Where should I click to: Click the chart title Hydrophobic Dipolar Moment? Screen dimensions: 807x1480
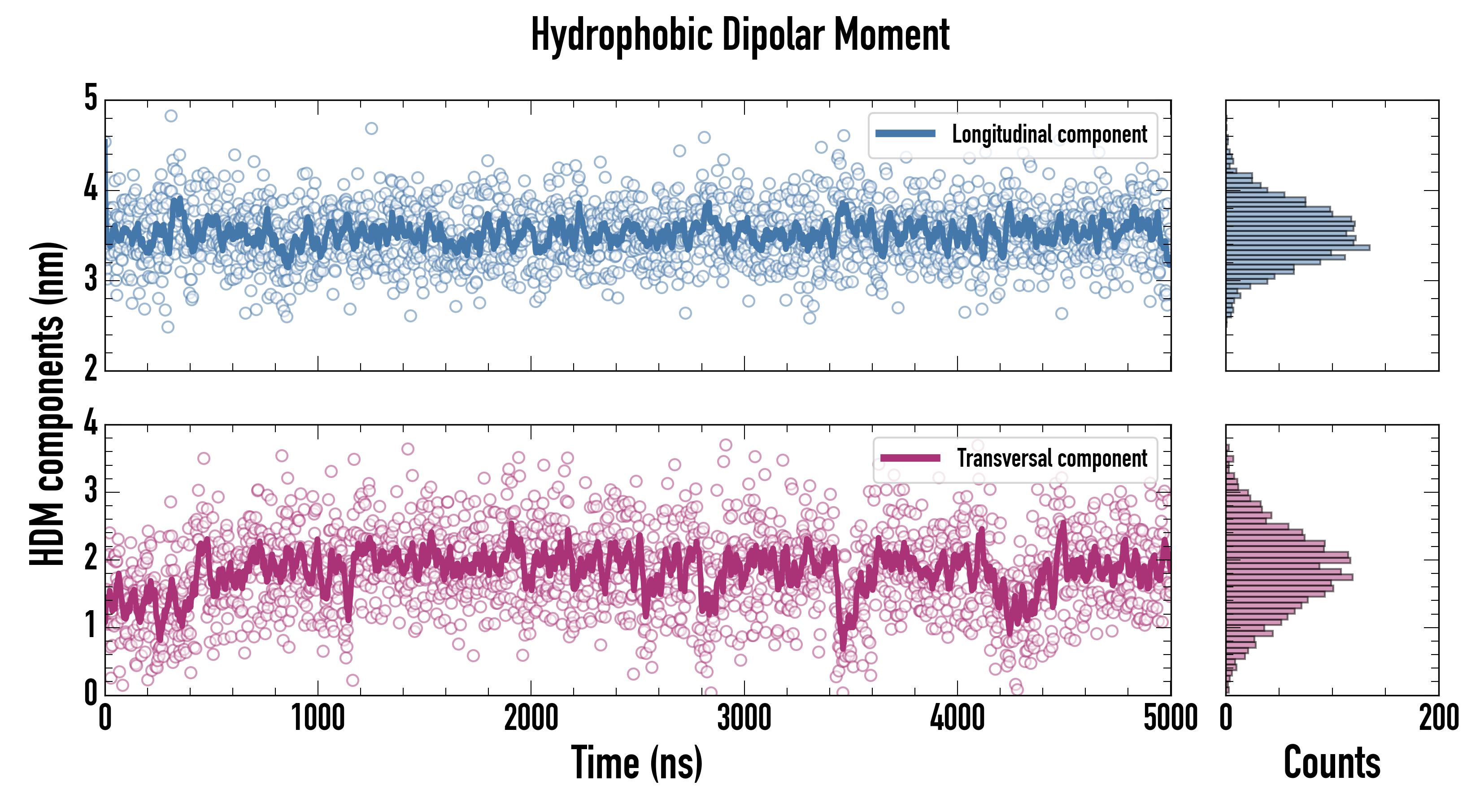(740, 35)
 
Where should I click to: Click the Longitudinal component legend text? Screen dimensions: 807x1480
(1049, 134)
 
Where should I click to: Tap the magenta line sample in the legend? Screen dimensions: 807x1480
(910, 458)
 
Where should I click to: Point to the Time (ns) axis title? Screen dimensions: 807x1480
(636, 763)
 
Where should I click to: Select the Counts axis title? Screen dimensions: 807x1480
(1332, 763)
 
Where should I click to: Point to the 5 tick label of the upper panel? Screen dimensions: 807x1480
(91, 98)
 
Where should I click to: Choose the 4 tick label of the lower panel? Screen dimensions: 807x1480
(91, 423)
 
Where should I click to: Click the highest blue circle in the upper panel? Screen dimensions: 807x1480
(170, 116)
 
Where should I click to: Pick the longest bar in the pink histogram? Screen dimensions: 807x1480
(1289, 577)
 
